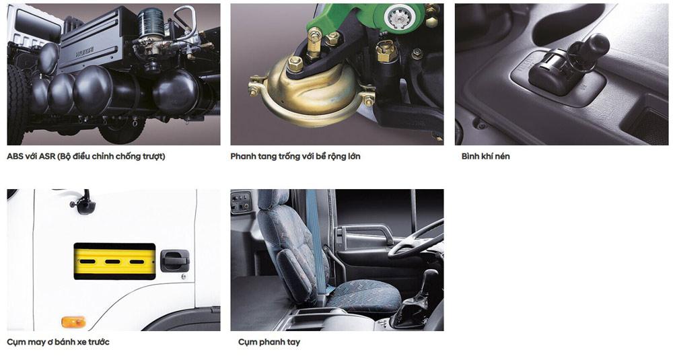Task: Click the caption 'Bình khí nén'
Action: [x=485, y=156]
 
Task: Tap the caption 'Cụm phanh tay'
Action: [x=269, y=342]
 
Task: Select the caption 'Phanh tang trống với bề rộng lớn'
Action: [x=295, y=156]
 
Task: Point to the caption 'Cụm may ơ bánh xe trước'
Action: [x=58, y=342]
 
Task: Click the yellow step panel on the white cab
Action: [x=114, y=261]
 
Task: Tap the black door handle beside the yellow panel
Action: [x=175, y=260]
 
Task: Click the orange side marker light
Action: [x=73, y=322]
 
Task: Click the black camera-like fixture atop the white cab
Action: [x=83, y=205]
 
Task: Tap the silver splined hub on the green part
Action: [x=400, y=17]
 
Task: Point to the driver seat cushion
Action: [x=363, y=296]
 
